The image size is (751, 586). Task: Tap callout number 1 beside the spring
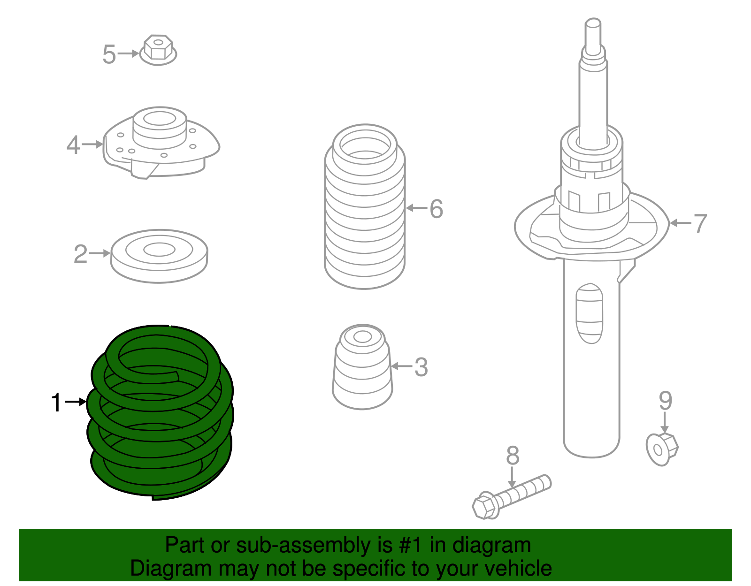coord(56,403)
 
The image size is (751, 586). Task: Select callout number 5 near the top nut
coord(109,54)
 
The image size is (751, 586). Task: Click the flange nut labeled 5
coord(159,49)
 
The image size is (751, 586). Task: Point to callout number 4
coord(73,145)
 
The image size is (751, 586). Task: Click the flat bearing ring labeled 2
coord(159,256)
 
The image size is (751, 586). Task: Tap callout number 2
coord(80,254)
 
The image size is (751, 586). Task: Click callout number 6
coord(437,209)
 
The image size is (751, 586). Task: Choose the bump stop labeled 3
coord(362,368)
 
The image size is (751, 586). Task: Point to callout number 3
coord(421,367)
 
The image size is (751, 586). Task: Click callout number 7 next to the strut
coord(700,223)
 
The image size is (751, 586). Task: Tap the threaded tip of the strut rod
coord(593,33)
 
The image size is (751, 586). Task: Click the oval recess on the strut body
coord(590,313)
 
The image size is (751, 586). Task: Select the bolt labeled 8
coord(512,496)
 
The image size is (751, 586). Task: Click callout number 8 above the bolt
coord(513,456)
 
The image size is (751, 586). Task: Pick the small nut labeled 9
coord(662,449)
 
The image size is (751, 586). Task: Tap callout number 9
coord(665,401)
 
